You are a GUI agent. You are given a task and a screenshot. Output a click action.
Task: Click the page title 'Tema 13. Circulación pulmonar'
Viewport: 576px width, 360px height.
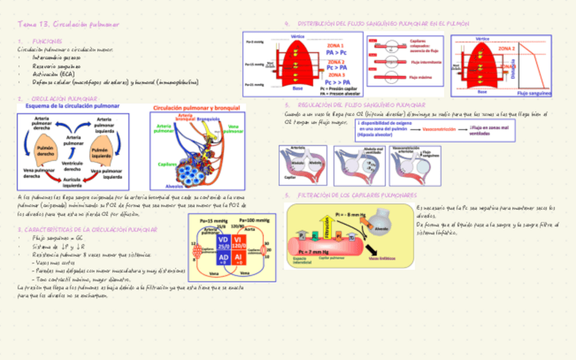[69, 24]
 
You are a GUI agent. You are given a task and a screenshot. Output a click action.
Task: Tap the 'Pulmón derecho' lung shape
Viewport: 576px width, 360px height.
[46, 151]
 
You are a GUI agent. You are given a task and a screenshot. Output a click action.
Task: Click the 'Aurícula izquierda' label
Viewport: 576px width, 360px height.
[73, 181]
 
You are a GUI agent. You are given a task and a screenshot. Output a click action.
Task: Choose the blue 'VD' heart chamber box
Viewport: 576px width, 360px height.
[223, 242]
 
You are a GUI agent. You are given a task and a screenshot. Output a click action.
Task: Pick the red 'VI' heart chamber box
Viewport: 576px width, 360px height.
[238, 242]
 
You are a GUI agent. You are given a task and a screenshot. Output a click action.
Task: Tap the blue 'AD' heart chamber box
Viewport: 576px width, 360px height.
[223, 259]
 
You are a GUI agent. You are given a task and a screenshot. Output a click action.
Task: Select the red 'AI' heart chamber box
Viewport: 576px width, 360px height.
[238, 259]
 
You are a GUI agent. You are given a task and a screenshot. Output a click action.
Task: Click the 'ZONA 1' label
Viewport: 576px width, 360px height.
[336, 44]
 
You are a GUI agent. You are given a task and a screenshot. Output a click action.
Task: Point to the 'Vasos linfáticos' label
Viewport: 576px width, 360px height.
[382, 258]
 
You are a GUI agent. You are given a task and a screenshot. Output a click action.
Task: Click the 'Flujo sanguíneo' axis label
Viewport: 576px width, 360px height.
[534, 92]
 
